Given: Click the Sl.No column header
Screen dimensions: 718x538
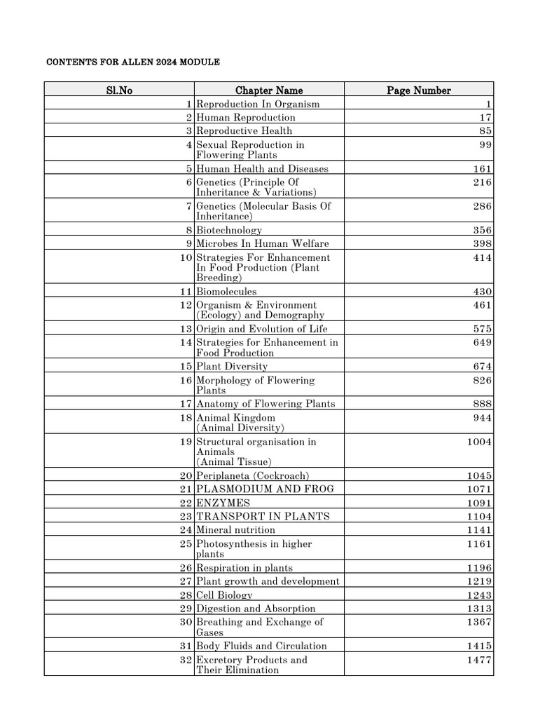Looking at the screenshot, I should coord(119,90).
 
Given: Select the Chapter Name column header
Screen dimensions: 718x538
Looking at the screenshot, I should coord(269,90).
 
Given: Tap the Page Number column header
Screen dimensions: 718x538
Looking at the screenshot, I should coord(419,90).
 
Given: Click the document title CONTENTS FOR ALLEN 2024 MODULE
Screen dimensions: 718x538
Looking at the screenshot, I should coord(133,62).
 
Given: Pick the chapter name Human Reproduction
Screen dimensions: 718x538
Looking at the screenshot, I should coord(246,118).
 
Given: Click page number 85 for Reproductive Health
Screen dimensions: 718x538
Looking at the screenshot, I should coord(485,131).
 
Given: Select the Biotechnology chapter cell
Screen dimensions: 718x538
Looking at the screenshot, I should coord(229,230).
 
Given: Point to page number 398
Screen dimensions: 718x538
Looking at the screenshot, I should coord(483,243).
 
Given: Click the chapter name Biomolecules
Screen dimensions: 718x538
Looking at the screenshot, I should coord(226,292).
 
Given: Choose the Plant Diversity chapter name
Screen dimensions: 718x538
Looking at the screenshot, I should coord(232,367).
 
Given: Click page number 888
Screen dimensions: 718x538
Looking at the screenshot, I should coord(483,404).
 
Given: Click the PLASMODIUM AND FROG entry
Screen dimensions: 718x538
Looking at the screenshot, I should coord(265,489).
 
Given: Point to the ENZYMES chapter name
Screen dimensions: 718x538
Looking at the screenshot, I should coord(223,503).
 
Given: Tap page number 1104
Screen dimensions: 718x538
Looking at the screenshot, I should coord(480,516).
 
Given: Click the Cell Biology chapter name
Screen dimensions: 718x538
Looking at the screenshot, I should coord(224,595).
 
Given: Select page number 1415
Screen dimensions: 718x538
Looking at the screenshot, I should coord(480,646).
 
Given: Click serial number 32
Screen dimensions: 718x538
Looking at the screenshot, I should coord(186,660).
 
